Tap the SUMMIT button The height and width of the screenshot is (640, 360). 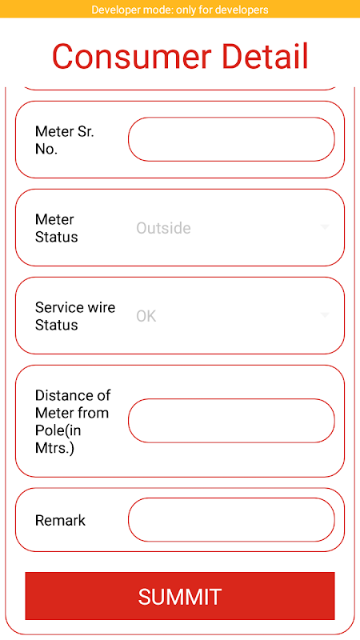(x=179, y=596)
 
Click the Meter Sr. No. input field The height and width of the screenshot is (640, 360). (x=231, y=139)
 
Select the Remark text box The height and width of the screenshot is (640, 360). (x=231, y=519)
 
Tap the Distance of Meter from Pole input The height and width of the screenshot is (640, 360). (x=231, y=421)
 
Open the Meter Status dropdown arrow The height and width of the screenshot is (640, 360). (x=325, y=227)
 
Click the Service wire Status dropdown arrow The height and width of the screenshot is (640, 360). (x=325, y=314)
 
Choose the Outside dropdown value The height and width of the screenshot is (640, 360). (x=163, y=228)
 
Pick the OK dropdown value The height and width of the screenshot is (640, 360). (x=146, y=316)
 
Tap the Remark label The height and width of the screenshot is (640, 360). (x=61, y=521)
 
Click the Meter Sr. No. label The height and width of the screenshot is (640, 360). (x=65, y=141)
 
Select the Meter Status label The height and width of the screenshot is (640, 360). (x=56, y=228)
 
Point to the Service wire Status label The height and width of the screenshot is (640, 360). (x=75, y=316)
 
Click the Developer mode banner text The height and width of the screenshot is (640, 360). (x=180, y=10)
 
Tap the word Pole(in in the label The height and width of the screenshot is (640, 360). (x=57, y=431)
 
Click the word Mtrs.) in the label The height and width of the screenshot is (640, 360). (x=54, y=449)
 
